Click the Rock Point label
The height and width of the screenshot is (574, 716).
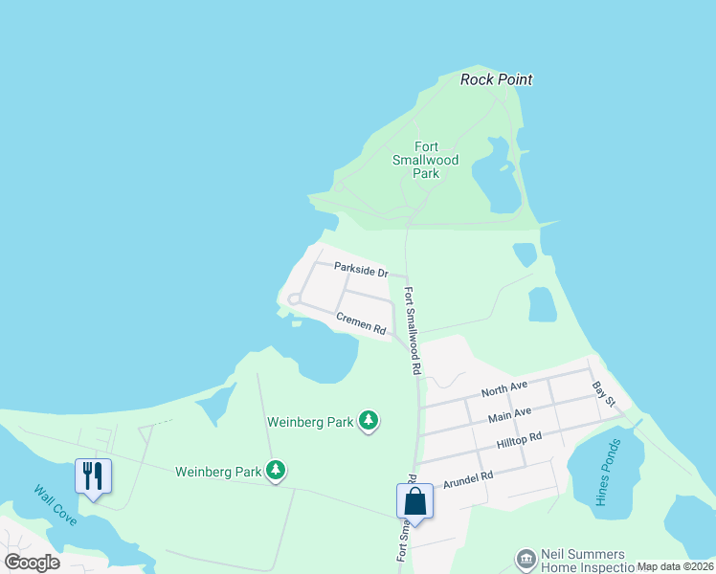coord(496,79)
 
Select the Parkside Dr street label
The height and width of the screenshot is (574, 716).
coord(361,271)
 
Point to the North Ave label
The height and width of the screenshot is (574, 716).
coord(504,391)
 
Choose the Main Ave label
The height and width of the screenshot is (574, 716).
coord(509,416)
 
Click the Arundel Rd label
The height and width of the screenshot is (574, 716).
coord(468,475)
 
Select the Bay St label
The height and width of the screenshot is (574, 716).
coord(603,393)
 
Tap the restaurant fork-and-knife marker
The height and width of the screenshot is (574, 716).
coord(93,475)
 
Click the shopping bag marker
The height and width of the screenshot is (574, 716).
coord(414,500)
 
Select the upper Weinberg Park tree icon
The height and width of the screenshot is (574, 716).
coord(368,421)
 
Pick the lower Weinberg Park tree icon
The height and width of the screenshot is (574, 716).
coord(276,471)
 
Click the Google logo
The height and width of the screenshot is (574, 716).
coord(32,563)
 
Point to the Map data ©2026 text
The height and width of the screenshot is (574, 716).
coord(675,566)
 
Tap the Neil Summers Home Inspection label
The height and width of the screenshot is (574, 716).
coord(583,561)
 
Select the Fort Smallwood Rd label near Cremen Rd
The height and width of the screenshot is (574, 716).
coord(413,330)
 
